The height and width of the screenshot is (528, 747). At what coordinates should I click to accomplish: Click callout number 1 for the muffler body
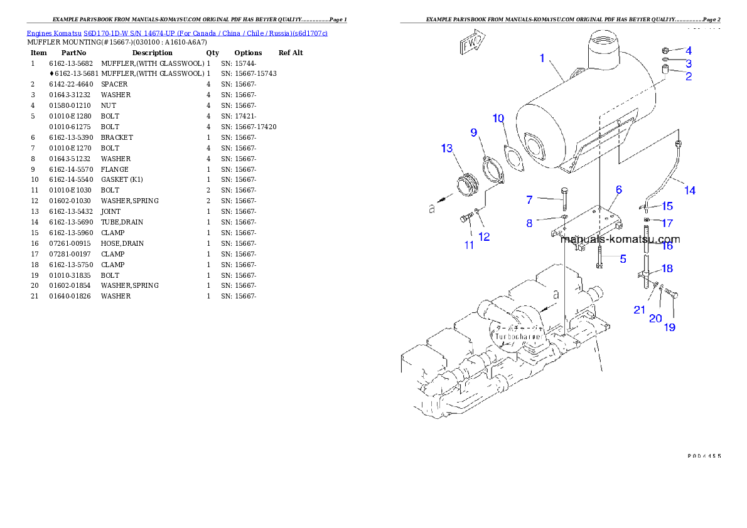point(542,58)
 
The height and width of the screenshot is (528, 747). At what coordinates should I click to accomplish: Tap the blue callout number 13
point(446,149)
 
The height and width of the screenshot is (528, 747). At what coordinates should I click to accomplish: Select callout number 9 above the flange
point(474,132)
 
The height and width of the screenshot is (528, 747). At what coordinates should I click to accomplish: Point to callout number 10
point(498,119)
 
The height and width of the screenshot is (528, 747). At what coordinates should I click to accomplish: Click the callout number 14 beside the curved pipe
point(690,190)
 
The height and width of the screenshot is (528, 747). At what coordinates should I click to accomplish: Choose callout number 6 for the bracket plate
point(618,189)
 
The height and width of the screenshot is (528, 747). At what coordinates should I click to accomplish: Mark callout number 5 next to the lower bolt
point(623,258)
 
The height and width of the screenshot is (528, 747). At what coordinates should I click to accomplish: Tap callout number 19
point(670,327)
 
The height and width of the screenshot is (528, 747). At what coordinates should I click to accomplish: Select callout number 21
point(639,310)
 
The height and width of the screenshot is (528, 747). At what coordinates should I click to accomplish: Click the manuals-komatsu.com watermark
point(620,239)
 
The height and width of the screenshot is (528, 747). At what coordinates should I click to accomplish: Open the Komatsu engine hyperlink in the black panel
point(176,33)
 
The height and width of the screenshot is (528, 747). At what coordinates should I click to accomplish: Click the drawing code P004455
point(703,456)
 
